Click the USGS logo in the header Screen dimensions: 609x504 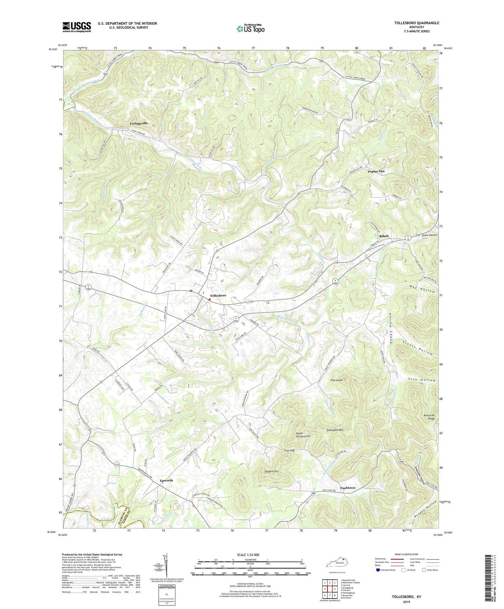click(x=76, y=27)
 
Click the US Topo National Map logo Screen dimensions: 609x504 click(x=250, y=28)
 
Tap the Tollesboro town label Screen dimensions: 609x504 click(x=218, y=295)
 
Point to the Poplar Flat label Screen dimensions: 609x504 click(x=376, y=171)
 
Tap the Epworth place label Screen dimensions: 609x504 click(x=166, y=480)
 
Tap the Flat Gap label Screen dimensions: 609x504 click(x=289, y=450)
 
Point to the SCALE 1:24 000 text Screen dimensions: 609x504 click(x=248, y=555)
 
